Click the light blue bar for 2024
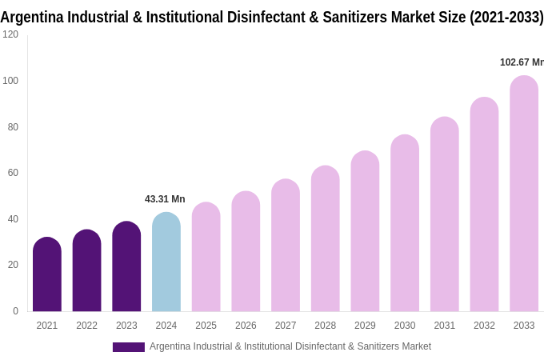166,262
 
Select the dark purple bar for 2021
47,274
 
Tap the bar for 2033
524,194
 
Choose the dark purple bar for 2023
126,266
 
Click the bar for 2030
405,223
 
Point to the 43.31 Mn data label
165,199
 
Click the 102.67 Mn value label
521,62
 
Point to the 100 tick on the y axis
10,81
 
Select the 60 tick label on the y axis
13,173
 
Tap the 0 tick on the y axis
15,311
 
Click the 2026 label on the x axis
246,326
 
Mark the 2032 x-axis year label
484,326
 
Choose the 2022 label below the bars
86,326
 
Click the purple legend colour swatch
128,347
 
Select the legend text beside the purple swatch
290,346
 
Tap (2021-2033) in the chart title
506,18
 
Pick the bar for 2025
206,257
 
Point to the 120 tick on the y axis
10,34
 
